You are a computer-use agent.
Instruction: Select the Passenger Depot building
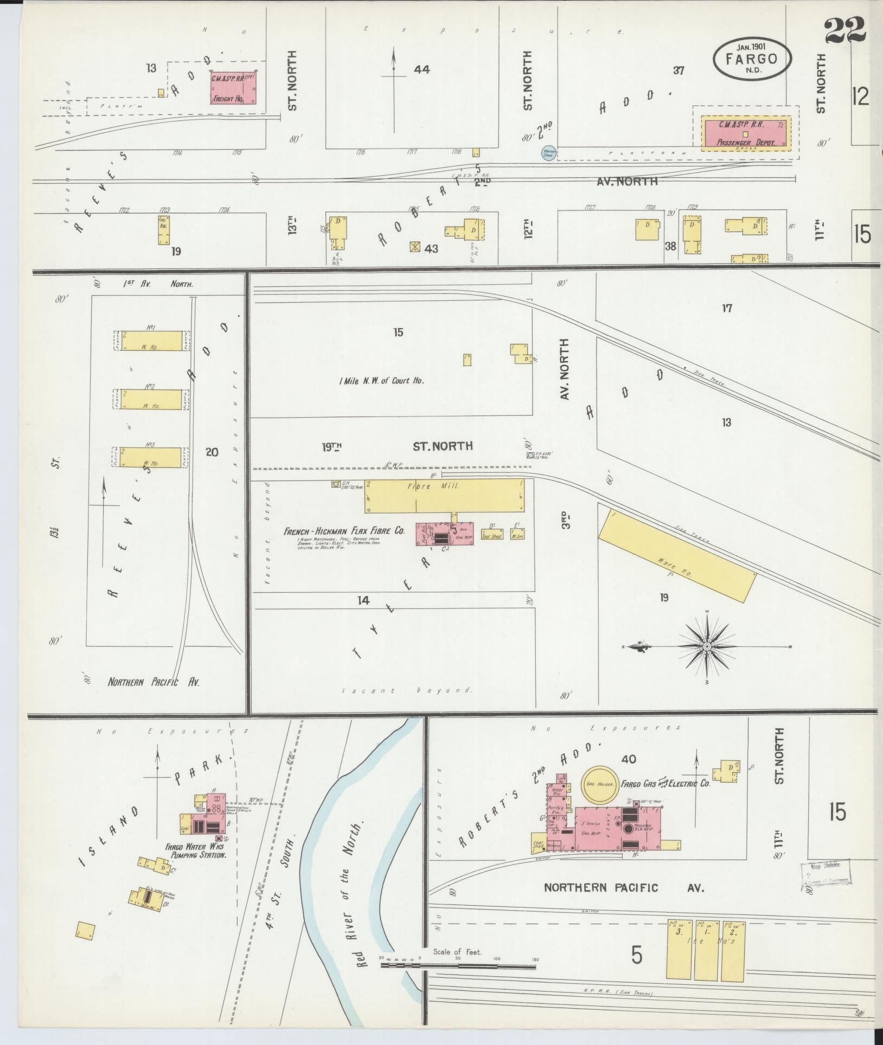pyautogui.click(x=745, y=133)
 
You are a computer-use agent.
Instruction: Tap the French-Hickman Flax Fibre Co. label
pyautogui.click(x=344, y=531)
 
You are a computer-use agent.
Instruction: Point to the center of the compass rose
pyautogui.click(x=707, y=647)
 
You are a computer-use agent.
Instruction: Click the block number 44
pyautogui.click(x=421, y=69)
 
